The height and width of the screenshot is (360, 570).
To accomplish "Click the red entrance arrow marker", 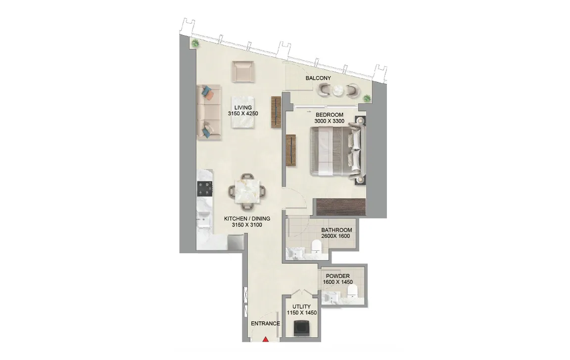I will [x=266, y=339].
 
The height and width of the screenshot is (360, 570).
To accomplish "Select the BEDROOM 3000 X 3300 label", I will [x=329, y=118].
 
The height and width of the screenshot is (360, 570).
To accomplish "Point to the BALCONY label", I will [x=318, y=79].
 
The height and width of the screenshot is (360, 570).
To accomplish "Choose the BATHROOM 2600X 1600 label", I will [x=336, y=233].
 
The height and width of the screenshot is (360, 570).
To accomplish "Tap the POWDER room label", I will [x=337, y=279].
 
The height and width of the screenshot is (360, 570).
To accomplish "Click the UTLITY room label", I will [x=301, y=310].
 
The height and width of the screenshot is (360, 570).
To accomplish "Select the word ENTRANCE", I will [x=265, y=324].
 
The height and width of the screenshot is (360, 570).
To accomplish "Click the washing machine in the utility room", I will [x=301, y=328].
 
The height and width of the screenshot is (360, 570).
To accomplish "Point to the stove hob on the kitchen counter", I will [x=205, y=188].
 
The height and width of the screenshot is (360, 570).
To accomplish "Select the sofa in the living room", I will [x=207, y=112].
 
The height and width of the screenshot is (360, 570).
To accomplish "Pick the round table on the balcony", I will [x=338, y=90].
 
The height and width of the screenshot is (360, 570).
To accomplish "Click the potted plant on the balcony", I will [x=367, y=98].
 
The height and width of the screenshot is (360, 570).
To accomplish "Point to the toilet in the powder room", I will [x=352, y=293].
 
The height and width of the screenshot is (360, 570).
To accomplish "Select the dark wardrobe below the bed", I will [x=341, y=206].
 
